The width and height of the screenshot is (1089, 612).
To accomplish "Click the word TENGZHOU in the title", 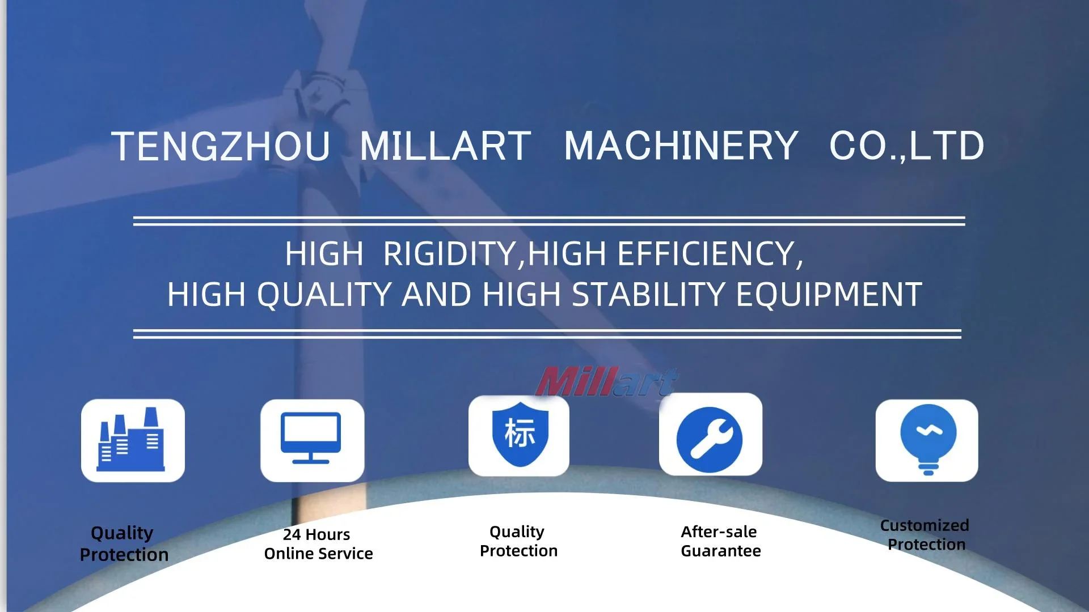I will point(221,146).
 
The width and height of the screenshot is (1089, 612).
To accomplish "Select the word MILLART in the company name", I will point(445,146).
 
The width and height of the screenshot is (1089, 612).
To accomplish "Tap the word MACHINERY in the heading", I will point(681,146).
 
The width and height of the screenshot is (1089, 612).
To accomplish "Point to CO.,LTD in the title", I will point(906,146).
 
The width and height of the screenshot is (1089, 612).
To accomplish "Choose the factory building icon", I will point(133,440).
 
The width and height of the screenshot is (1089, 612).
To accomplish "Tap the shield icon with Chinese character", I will point(519,434).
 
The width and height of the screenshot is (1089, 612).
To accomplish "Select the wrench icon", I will point(710,439).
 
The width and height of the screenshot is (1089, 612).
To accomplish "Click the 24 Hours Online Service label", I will point(318,544).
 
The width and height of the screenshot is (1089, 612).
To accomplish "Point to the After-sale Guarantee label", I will point(720,541).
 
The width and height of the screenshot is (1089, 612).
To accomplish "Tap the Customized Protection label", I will point(925,535).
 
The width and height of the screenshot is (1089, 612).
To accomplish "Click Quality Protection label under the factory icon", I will point(124,544).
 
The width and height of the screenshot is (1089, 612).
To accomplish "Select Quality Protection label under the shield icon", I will point(518,541).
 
